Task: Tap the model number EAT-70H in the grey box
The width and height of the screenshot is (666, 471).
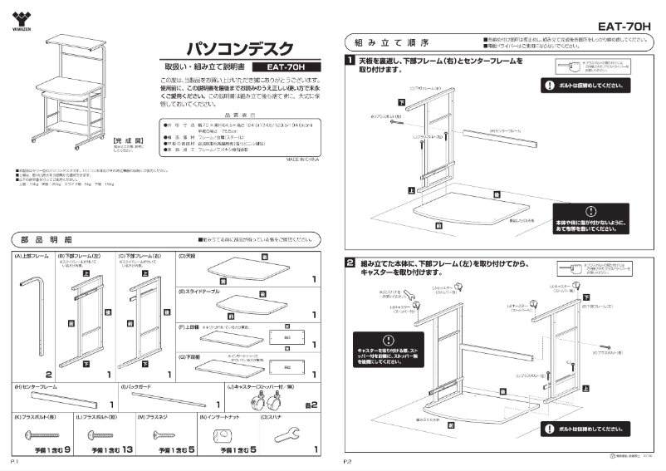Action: [x=280, y=68]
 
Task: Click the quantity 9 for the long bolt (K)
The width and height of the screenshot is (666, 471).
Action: [x=66, y=449]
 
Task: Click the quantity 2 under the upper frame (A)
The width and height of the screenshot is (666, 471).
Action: [x=49, y=374]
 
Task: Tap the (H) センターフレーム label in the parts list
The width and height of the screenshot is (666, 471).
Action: [x=37, y=387]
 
